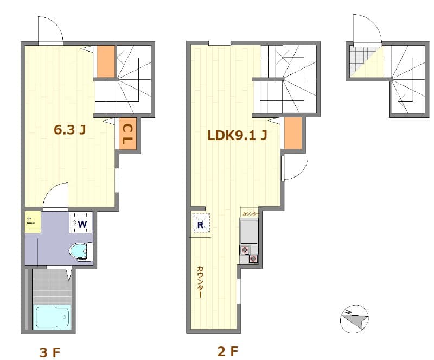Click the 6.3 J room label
point(71,130)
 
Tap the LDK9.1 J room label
point(237,135)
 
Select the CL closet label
point(128,135)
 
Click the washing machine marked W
point(81,223)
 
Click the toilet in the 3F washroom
point(81,251)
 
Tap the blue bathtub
point(52,317)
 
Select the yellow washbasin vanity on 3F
point(33,223)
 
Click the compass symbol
point(354,319)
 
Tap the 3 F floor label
point(50,352)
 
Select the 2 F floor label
point(227,351)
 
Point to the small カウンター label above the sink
point(251,213)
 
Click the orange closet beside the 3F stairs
point(105,61)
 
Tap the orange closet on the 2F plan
point(292,133)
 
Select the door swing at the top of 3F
point(50,30)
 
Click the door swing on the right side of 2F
point(295,168)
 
